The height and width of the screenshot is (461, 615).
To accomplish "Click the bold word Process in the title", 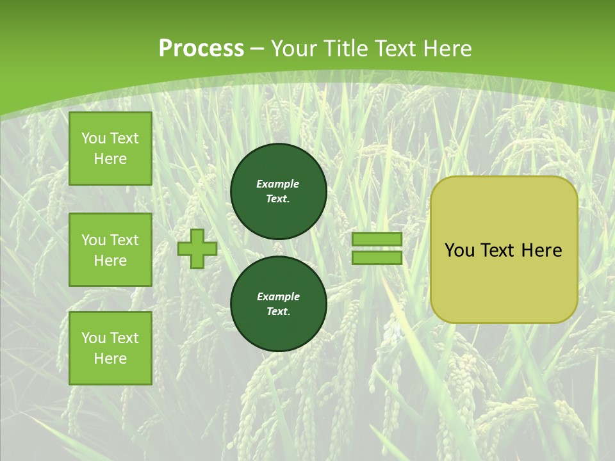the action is click(201, 48).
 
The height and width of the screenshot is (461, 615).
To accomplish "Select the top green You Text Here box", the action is click(110, 149).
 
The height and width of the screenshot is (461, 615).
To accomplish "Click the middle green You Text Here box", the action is click(110, 250).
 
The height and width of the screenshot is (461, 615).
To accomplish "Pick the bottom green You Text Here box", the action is click(110, 348).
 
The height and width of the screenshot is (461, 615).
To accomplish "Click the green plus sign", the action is click(197, 248).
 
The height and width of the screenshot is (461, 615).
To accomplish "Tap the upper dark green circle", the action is click(279, 191).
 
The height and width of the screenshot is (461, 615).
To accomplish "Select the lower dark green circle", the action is click(279, 304).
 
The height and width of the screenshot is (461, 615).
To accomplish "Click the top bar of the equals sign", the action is click(377, 239).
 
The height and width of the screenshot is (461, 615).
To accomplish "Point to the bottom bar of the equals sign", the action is click(377, 257).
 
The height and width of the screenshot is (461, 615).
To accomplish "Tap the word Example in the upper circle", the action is click(278, 184).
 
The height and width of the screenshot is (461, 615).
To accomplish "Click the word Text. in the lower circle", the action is click(278, 311).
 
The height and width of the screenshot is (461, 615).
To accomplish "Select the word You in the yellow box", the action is click(459, 250).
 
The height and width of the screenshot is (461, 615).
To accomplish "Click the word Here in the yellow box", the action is click(541, 250).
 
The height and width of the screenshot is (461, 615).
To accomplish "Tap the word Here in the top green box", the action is click(110, 159).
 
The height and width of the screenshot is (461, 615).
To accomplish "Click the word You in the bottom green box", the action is click(94, 338).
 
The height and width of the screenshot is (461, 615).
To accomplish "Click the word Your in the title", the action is click(295, 48).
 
